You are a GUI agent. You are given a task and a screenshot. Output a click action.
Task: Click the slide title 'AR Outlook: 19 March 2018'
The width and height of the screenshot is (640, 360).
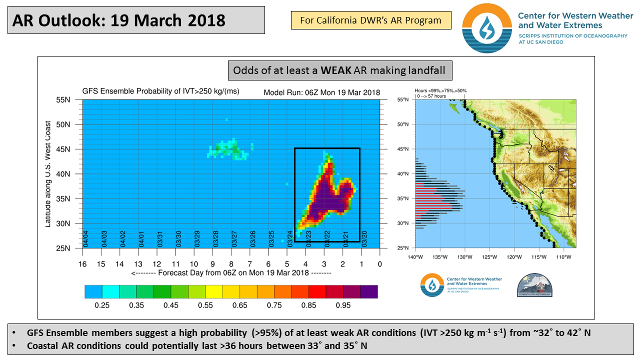point(119,20)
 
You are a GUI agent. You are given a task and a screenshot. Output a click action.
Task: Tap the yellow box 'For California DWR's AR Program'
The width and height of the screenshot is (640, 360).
point(370,20)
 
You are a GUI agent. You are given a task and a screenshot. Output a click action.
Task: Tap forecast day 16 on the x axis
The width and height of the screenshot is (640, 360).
point(82,264)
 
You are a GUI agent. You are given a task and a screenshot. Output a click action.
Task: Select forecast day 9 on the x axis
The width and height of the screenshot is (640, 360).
point(212,264)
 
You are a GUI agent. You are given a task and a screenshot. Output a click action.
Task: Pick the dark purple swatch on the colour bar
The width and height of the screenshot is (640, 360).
point(369,291)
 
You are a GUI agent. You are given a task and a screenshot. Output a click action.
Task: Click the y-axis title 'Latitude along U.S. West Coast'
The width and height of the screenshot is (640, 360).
point(48,174)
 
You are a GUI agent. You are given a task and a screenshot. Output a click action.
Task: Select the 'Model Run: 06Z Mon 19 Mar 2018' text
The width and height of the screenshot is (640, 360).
point(321,92)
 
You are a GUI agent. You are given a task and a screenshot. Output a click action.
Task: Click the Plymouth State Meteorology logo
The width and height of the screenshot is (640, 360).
point(535,285)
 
